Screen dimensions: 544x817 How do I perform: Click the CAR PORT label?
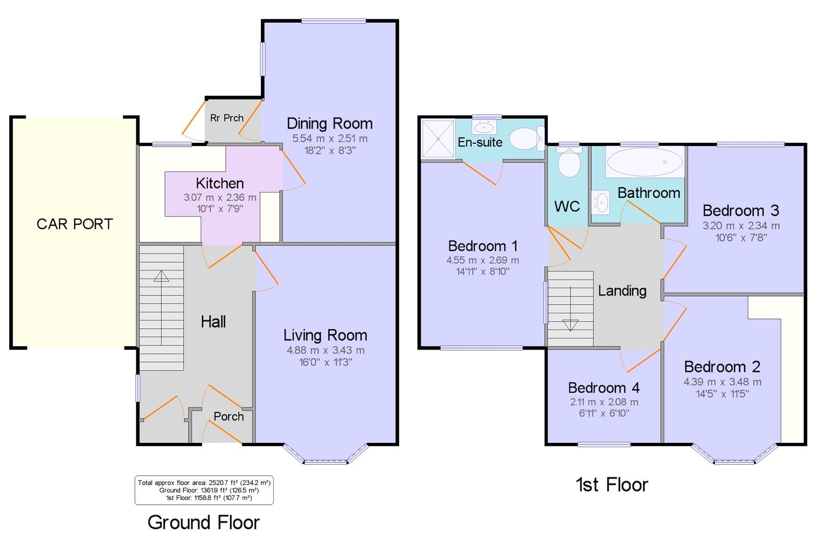tap(75, 224)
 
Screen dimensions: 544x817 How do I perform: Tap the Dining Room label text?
tap(329, 123)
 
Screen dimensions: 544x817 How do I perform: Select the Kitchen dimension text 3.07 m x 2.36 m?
tap(220, 197)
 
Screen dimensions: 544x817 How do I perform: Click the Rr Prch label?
tap(227, 118)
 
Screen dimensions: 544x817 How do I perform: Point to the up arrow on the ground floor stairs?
tap(161, 276)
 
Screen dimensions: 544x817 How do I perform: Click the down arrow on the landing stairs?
tap(570, 325)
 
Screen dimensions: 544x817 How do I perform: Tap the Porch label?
tap(228, 416)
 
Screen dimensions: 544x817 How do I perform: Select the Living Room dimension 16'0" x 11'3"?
tap(325, 362)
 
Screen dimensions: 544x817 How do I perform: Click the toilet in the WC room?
tap(569, 163)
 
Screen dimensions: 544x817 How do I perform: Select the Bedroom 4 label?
tap(604, 388)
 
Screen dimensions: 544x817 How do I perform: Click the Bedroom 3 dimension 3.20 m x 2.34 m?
tap(741, 226)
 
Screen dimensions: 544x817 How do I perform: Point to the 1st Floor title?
tap(612, 485)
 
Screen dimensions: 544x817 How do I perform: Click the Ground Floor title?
tap(203, 523)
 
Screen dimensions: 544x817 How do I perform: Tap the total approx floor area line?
tap(204, 482)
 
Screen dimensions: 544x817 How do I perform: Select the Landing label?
tap(622, 291)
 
